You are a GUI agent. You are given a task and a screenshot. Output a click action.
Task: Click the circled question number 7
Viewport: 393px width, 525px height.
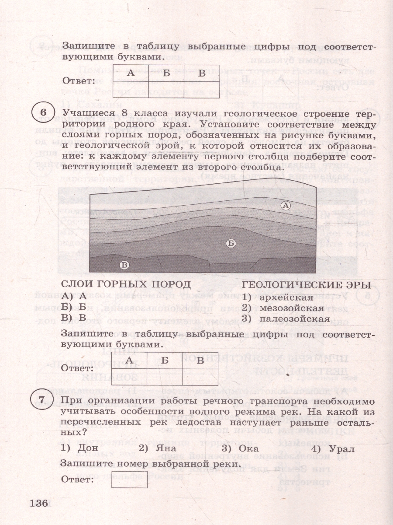[43, 400]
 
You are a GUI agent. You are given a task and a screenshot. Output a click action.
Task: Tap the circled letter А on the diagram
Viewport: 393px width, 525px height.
[286, 205]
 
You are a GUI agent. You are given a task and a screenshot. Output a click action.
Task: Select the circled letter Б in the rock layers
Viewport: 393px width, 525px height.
[231, 244]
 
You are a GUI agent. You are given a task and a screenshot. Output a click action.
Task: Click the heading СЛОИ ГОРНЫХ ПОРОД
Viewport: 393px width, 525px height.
[126, 284]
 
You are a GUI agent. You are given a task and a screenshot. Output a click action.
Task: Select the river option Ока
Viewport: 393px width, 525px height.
[248, 448]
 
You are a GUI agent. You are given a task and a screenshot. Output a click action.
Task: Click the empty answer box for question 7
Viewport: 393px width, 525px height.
[129, 479]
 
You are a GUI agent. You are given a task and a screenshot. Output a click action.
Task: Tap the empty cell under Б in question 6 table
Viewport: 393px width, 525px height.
[165, 377]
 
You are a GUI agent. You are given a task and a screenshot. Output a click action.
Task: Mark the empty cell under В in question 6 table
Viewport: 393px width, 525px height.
[200, 377]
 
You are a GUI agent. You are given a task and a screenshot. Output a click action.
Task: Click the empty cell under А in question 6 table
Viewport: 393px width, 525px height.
[129, 377]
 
